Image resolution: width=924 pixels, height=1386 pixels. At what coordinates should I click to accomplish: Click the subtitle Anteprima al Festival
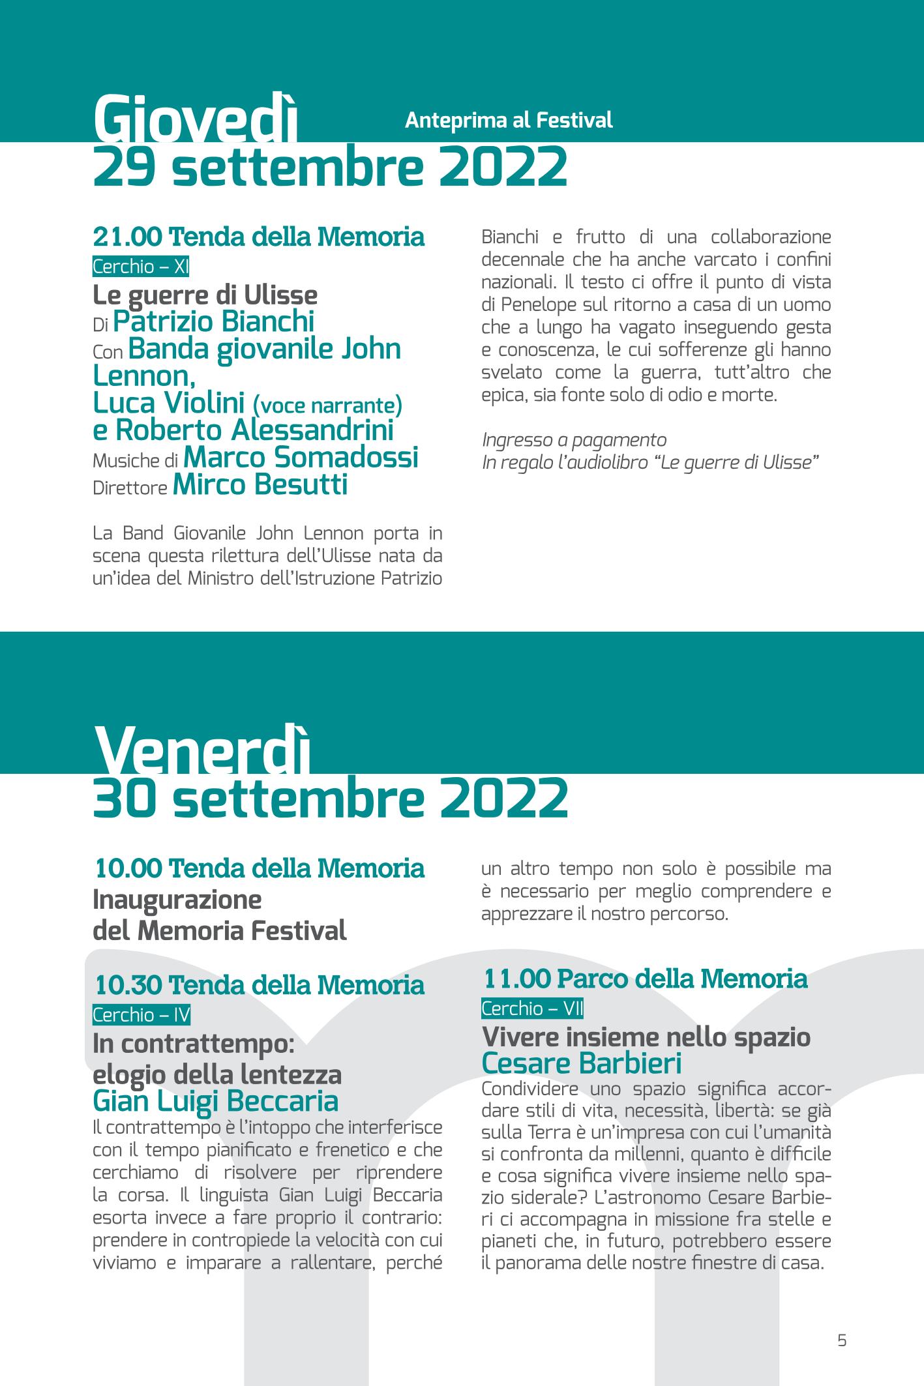[509, 121]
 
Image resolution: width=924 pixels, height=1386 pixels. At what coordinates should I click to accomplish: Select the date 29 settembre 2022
[330, 166]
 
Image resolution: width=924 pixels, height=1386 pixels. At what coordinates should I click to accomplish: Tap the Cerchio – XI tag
[141, 267]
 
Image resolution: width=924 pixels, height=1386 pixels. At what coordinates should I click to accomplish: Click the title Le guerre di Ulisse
[205, 295]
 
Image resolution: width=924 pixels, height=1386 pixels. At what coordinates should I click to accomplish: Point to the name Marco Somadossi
[301, 458]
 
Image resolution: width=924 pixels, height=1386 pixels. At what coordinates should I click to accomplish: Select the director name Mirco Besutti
[260, 485]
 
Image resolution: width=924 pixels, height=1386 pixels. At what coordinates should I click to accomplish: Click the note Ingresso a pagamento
[574, 440]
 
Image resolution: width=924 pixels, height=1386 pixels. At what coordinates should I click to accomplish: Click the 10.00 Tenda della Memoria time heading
[260, 868]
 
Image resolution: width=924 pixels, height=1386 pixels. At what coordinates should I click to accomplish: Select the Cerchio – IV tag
[142, 1015]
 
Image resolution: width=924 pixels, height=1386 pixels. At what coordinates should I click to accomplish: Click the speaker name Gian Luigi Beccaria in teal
[216, 1101]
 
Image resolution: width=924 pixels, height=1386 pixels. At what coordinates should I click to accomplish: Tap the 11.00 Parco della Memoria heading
[645, 979]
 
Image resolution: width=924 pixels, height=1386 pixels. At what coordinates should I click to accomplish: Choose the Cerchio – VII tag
[532, 1009]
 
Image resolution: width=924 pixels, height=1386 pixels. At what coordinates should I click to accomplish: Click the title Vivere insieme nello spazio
[646, 1037]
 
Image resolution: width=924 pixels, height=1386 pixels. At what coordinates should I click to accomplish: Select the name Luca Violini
[169, 404]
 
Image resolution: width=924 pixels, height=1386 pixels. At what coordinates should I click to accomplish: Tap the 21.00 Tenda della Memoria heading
[259, 237]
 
